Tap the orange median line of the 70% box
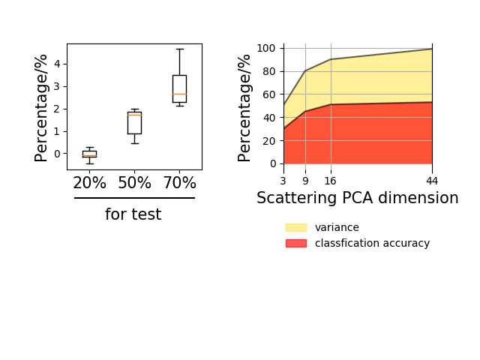[180, 94]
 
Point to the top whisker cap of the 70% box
[180, 49]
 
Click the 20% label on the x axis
[89, 183]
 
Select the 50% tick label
[135, 183]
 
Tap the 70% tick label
[180, 183]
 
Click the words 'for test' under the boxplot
[133, 214]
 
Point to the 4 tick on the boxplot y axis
[57, 64]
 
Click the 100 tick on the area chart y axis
[266, 48]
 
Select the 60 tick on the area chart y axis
[269, 94]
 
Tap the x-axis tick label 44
[432, 181]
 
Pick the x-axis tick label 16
[330, 181]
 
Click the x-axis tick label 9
[305, 181]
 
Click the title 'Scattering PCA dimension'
[358, 198]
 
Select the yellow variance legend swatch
[296, 227]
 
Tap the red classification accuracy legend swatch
[296, 243]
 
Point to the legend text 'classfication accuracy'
[372, 243]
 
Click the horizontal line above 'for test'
[134, 198]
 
